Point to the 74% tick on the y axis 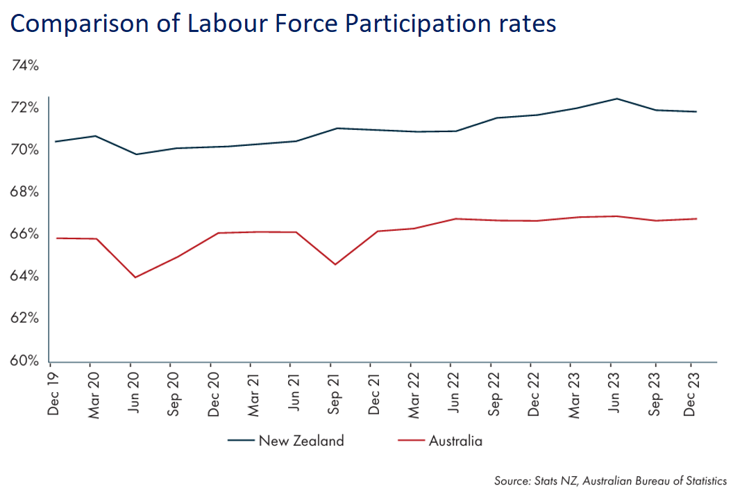coord(26,65)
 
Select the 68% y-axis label coord(26,192)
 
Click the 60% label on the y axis coord(26,361)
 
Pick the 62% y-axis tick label coord(26,318)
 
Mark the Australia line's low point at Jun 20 coord(135,277)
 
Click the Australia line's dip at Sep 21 coord(335,264)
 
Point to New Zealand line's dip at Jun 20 coord(135,154)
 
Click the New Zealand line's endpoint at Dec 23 coord(696,112)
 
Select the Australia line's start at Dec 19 coord(56,238)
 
